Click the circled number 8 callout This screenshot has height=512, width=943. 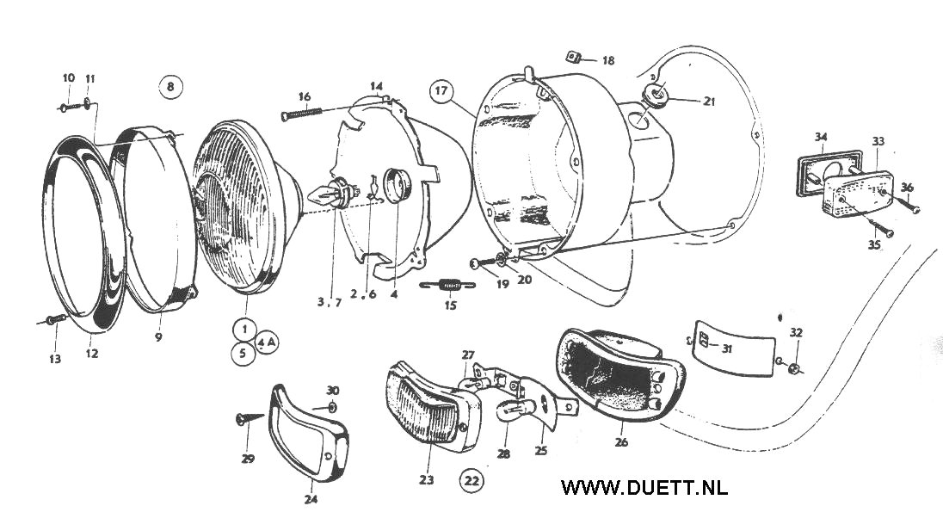click(170, 87)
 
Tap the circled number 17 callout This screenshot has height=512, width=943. click(442, 91)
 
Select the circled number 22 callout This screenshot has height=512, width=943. click(471, 480)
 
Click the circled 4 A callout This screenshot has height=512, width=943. click(267, 341)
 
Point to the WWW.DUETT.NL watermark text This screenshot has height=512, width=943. click(644, 487)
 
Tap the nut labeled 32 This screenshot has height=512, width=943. click(795, 368)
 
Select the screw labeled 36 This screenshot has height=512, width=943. click(908, 205)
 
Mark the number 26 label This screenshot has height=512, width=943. click(621, 442)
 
